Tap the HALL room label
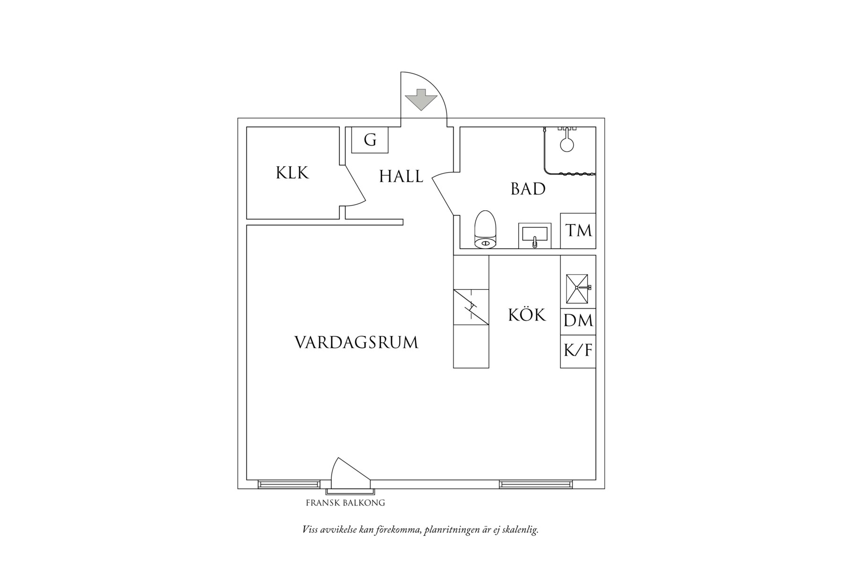point(401,177)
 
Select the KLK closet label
point(292,173)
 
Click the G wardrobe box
point(370,140)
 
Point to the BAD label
point(528,189)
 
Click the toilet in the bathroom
point(485,230)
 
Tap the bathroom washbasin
point(534,235)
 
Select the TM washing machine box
point(578,231)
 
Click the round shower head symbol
point(566,144)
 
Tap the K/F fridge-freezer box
point(578,351)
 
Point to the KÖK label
point(526,315)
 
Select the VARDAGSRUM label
point(356,343)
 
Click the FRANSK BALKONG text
point(345,503)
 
